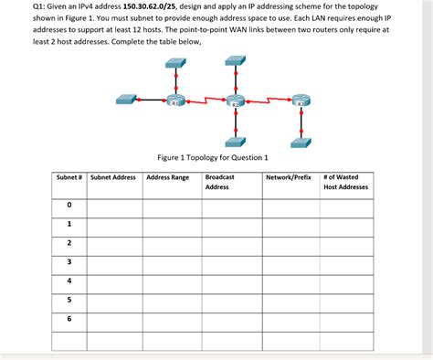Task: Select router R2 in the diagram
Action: [236, 101]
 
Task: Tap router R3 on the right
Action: [301, 101]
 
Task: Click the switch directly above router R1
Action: [174, 62]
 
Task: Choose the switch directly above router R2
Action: [236, 59]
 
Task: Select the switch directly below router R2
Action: [236, 142]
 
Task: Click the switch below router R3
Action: [301, 142]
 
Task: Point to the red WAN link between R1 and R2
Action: [206, 99]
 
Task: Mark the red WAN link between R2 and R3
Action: [268, 100]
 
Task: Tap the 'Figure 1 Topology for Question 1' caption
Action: [212, 157]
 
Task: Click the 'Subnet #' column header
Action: [69, 177]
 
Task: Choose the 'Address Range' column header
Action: [167, 177]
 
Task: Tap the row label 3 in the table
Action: [69, 260]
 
